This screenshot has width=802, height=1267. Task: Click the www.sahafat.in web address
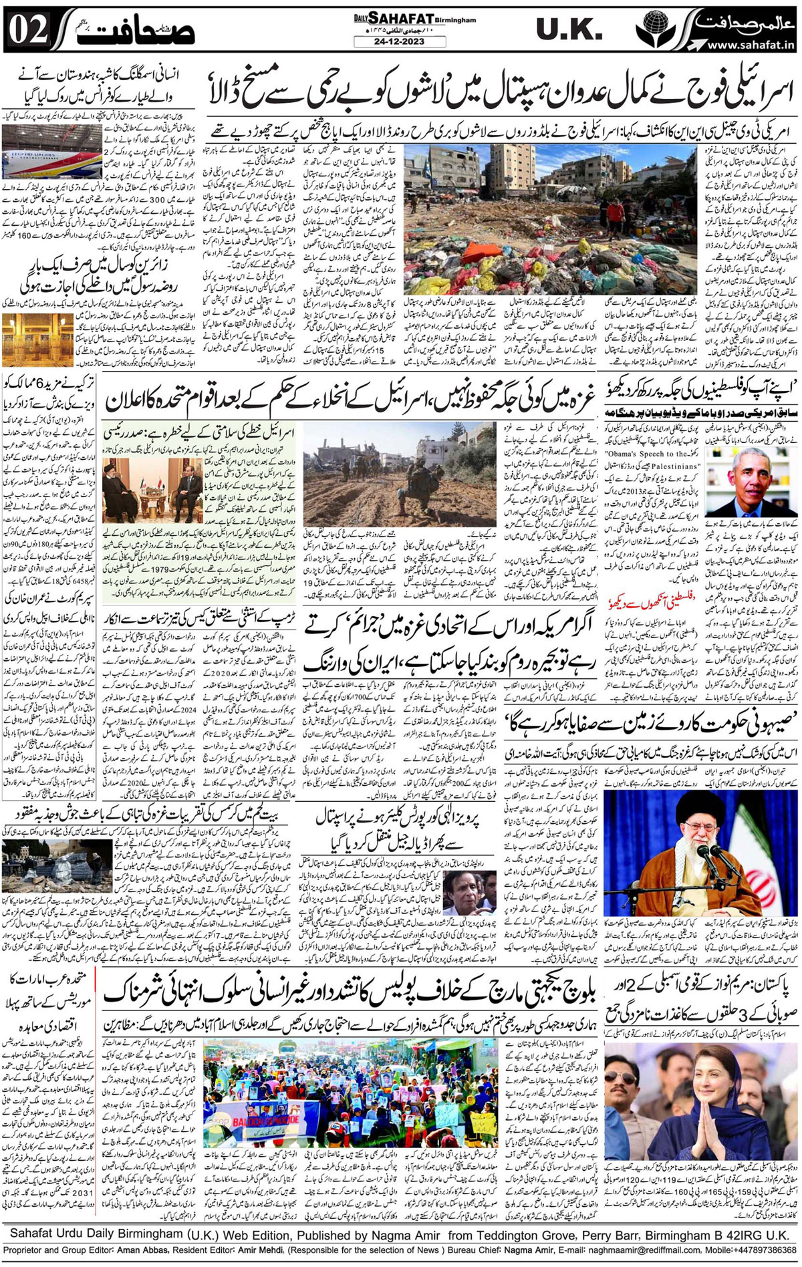point(749,45)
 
